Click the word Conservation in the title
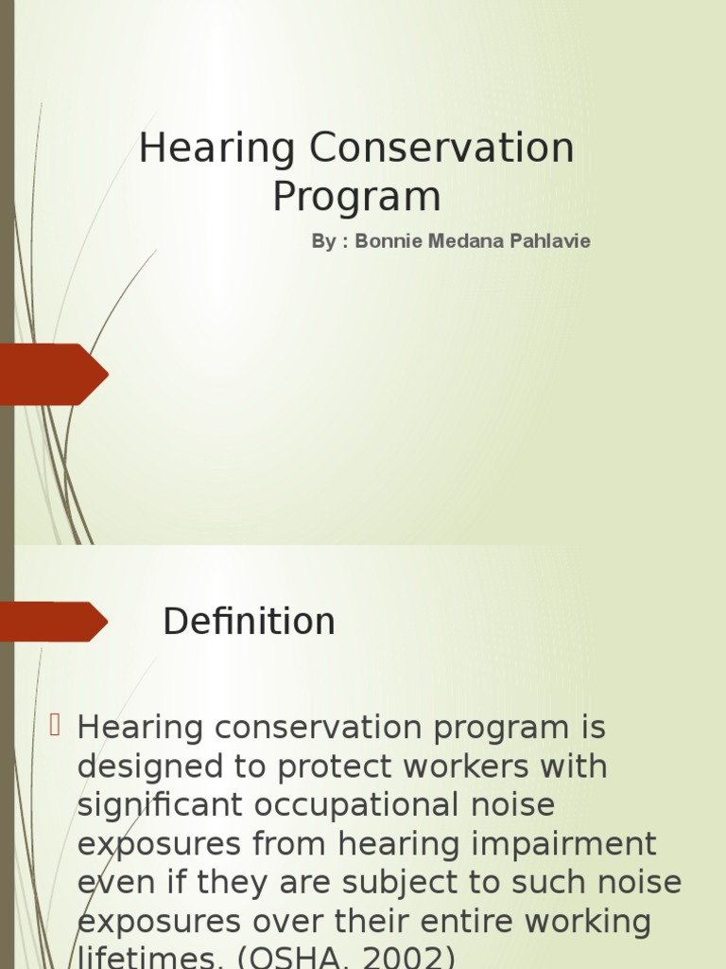441,149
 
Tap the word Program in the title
356,197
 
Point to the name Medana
463,241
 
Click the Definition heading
249,622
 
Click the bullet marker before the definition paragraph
55,726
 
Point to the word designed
142,766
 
